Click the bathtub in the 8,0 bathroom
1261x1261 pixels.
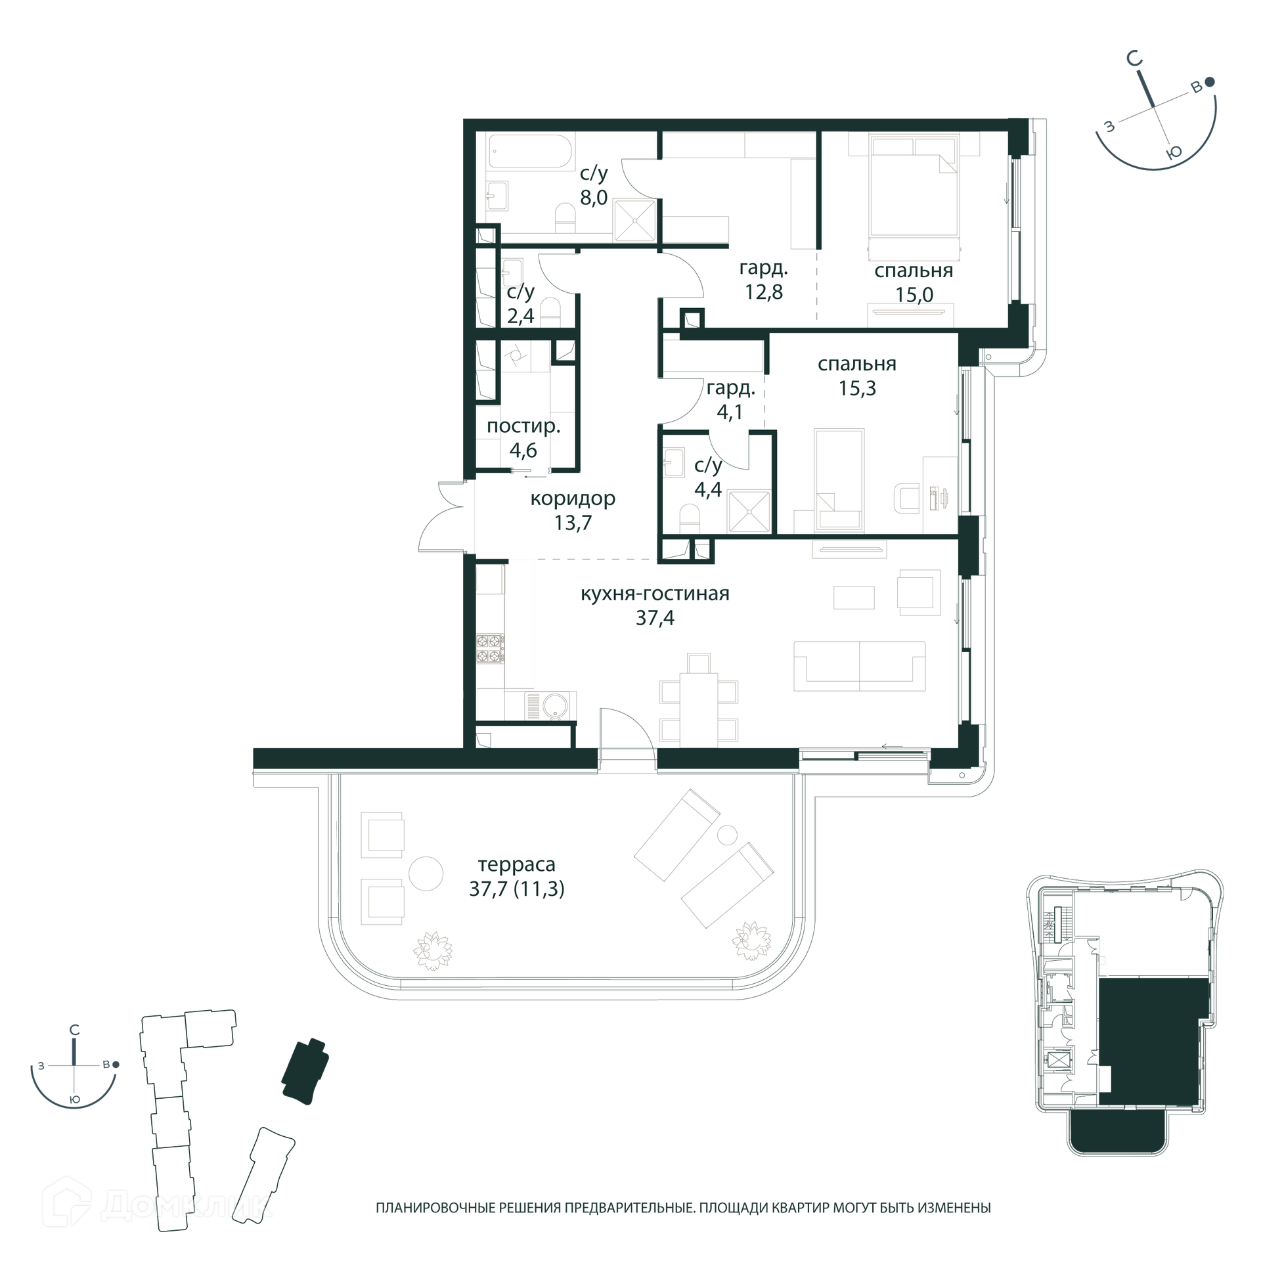tap(531, 153)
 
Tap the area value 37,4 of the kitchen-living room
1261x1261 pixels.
tap(655, 618)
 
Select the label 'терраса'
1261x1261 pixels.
tap(516, 864)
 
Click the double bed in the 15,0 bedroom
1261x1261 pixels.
tap(913, 185)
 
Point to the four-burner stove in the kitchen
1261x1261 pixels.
tap(490, 648)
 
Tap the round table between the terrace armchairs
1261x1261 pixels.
tap(426, 874)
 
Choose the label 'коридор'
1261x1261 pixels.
tap(573, 499)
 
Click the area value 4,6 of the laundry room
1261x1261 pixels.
tap(523, 451)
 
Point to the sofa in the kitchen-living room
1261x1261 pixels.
tap(859, 666)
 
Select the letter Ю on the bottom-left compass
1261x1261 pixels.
tap(75, 1099)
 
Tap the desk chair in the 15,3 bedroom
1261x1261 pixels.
tap(906, 498)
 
